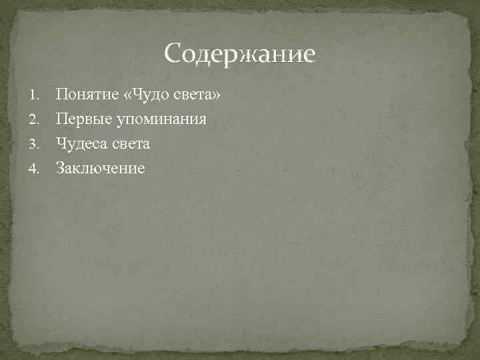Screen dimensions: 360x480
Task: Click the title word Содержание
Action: [239, 54]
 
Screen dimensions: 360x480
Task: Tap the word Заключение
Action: [100, 167]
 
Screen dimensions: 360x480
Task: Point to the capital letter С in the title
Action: [173, 54]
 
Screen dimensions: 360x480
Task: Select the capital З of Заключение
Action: [60, 167]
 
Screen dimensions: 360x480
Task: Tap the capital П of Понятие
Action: [61, 95]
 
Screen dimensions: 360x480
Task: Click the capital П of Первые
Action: [61, 119]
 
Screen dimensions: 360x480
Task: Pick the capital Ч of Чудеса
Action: [61, 143]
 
